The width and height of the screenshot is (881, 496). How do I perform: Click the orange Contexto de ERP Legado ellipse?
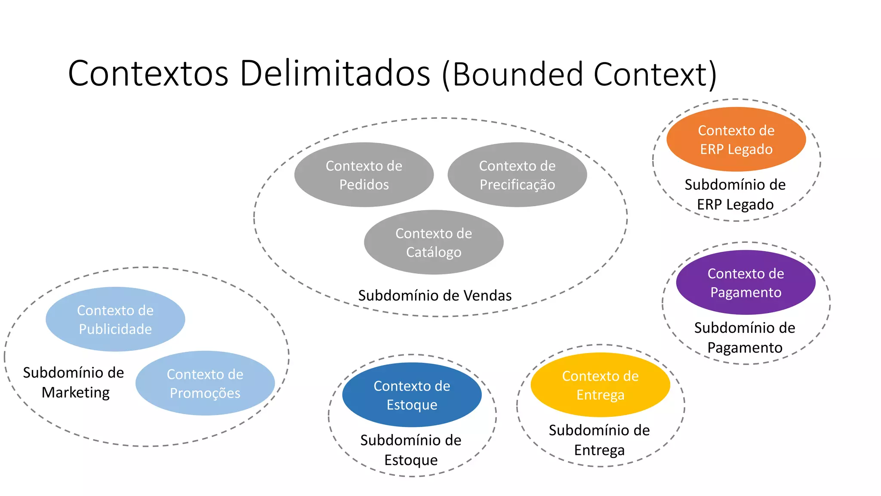click(x=736, y=139)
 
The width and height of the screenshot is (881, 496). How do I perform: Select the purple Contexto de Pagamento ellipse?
click(x=745, y=282)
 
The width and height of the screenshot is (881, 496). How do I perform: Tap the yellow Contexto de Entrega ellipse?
click(x=600, y=385)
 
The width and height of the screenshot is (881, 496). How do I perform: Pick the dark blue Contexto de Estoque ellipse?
click(x=412, y=395)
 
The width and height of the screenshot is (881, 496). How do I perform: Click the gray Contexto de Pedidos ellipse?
click(x=364, y=175)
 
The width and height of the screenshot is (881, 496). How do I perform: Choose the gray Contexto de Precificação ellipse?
click(x=517, y=175)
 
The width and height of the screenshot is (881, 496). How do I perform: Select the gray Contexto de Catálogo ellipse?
click(x=434, y=242)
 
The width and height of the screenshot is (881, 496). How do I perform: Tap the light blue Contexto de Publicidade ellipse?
click(x=115, y=319)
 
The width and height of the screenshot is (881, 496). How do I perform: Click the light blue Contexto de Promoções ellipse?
click(x=205, y=383)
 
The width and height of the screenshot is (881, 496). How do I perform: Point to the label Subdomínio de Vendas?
click(x=435, y=296)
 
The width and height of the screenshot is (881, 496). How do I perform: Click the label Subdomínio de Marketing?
click(x=74, y=382)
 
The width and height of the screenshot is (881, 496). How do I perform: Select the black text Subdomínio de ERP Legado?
click(x=735, y=195)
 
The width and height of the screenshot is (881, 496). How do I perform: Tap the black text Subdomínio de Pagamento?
click(x=745, y=338)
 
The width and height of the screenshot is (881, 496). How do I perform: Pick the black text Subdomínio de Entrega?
click(x=599, y=440)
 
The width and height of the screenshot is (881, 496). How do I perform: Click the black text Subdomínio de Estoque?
click(x=411, y=450)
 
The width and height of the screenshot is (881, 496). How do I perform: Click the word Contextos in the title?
click(x=148, y=74)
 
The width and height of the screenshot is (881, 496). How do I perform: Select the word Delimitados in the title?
click(x=335, y=74)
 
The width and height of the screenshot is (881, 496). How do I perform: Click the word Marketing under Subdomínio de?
click(x=76, y=393)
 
